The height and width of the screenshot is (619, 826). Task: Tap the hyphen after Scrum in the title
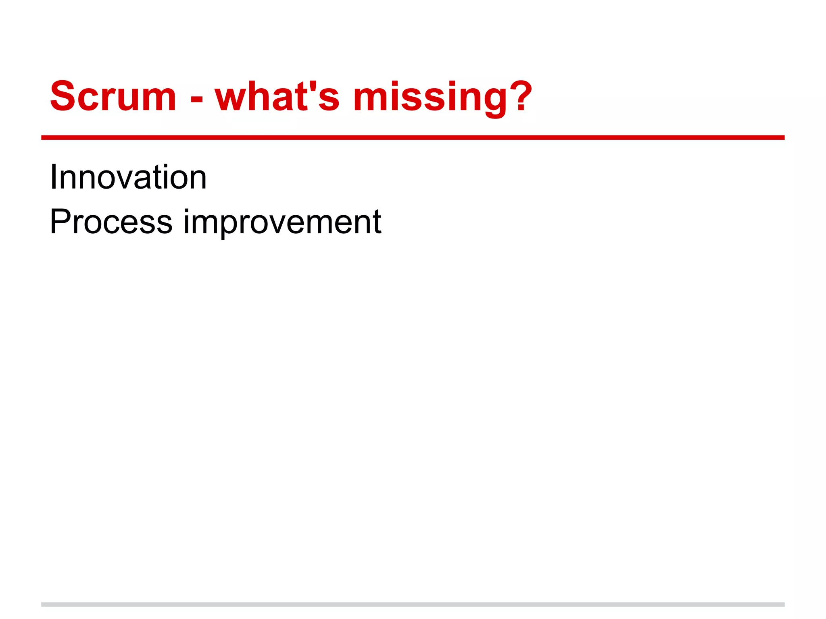(x=196, y=99)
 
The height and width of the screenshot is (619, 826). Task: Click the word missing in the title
(x=430, y=97)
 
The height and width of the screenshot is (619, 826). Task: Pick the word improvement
(x=282, y=222)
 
